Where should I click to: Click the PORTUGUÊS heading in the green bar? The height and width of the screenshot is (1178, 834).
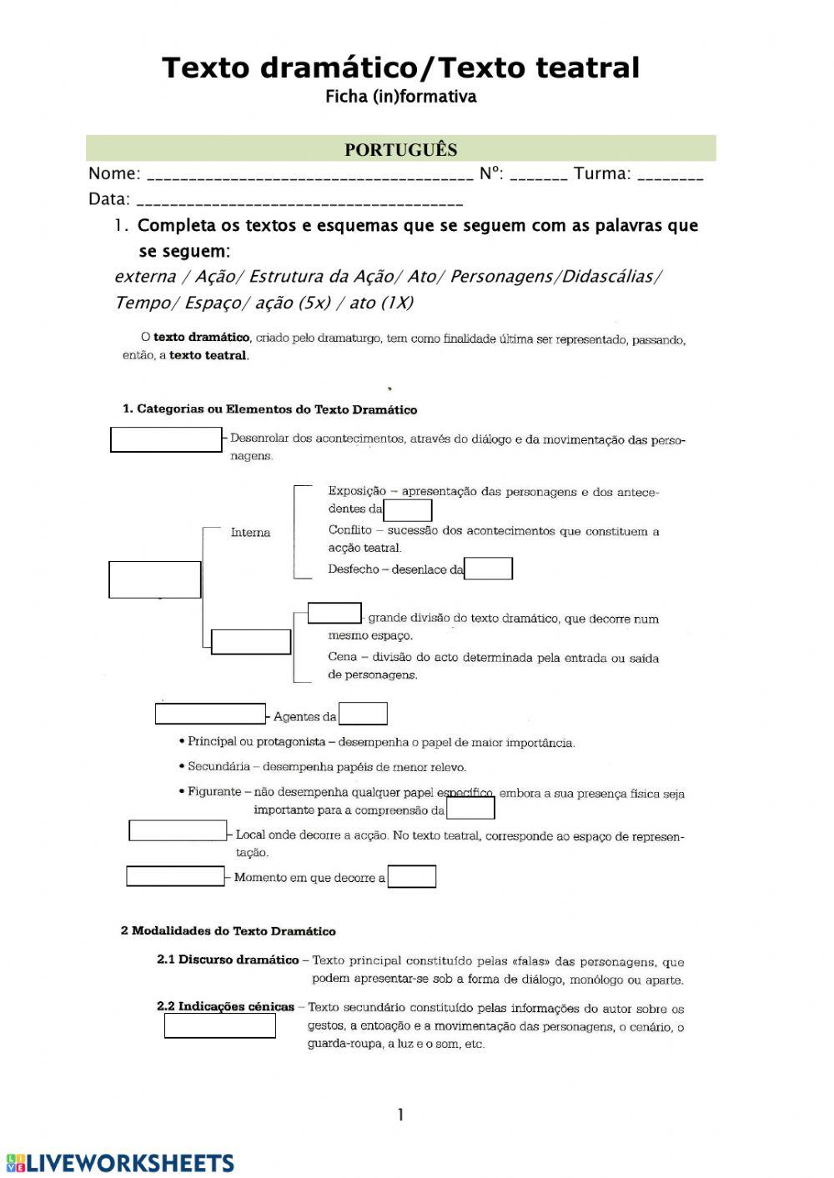(400, 149)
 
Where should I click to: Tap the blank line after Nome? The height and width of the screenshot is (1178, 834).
(309, 176)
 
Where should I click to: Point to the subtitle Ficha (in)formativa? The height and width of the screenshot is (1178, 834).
(400, 97)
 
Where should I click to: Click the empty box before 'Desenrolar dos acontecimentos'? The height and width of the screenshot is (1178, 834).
(166, 439)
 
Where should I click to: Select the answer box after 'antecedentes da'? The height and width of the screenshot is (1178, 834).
(407, 509)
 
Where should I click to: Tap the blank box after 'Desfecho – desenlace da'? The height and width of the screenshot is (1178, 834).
(488, 569)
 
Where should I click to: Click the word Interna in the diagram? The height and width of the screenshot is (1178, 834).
(250, 533)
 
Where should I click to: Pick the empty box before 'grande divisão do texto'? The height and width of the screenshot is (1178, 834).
(334, 614)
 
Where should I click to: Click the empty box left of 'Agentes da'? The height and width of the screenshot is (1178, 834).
(210, 714)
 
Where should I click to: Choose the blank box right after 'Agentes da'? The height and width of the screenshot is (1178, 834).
(363, 714)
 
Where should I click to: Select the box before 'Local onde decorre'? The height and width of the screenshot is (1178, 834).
(178, 831)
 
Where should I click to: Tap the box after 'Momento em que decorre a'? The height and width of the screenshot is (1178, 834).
(412, 876)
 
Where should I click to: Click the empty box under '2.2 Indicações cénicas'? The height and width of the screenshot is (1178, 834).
(219, 1026)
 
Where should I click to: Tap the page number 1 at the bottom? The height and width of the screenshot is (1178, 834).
(400, 1115)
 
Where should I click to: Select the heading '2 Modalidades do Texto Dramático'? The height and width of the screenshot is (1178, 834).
(228, 931)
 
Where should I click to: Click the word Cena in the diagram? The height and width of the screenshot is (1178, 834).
(342, 657)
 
